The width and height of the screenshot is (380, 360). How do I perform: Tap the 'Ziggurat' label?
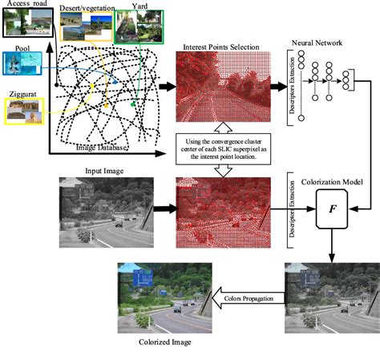click(19, 95)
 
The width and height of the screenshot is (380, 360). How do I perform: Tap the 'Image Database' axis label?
click(103, 147)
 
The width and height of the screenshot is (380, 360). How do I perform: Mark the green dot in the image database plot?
click(133, 104)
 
